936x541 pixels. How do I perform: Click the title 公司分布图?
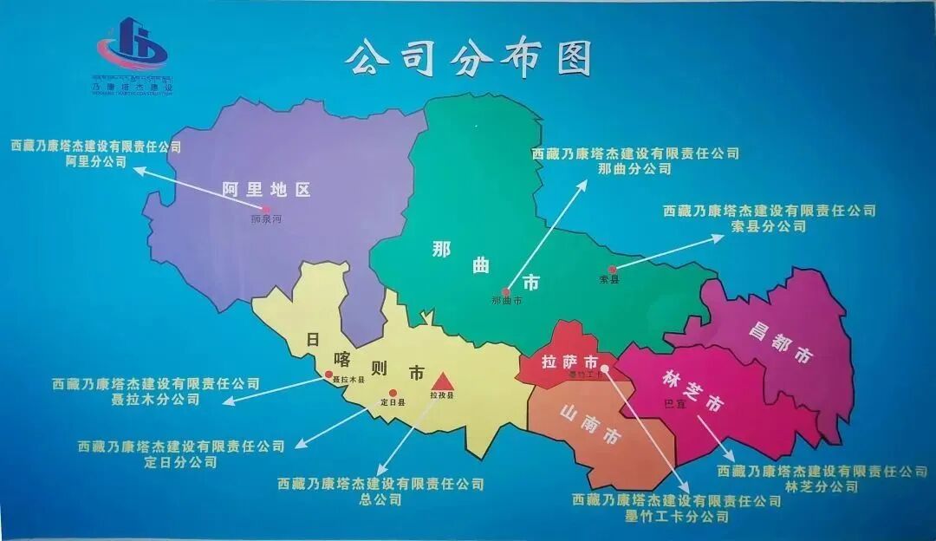point(468,58)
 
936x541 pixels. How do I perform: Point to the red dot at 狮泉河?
point(266,209)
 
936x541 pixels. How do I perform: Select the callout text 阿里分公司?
point(95,162)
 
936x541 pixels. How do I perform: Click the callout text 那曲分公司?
point(634,169)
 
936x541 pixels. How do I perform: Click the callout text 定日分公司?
point(181,462)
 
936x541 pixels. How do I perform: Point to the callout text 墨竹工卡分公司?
point(677,517)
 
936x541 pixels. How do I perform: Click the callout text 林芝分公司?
point(822,486)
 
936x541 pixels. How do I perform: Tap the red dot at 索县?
point(612,270)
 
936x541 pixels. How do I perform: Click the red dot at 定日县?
point(393,392)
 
